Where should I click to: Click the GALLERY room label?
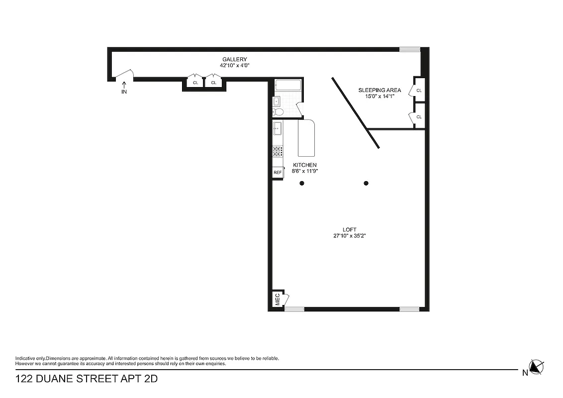click(x=234, y=59)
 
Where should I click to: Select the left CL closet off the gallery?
click(x=195, y=83)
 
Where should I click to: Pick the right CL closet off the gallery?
click(x=213, y=83)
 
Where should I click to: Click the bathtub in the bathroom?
click(x=288, y=85)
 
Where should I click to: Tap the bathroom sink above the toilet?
click(x=276, y=101)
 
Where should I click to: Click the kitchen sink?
click(x=278, y=128)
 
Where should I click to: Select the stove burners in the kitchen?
click(x=278, y=151)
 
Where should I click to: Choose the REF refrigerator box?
click(x=278, y=172)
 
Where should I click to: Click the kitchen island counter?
click(x=307, y=138)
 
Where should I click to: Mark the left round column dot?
click(x=302, y=183)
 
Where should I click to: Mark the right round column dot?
click(x=366, y=183)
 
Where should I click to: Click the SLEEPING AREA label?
click(x=379, y=90)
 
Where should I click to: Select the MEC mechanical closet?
click(x=278, y=299)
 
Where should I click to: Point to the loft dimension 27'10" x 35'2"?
click(x=350, y=236)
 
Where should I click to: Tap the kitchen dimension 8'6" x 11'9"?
click(x=305, y=171)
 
